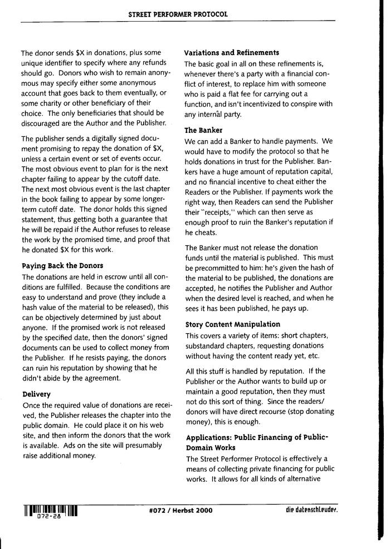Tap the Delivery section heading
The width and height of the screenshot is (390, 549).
point(36,394)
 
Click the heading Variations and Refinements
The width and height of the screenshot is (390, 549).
point(231,53)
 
